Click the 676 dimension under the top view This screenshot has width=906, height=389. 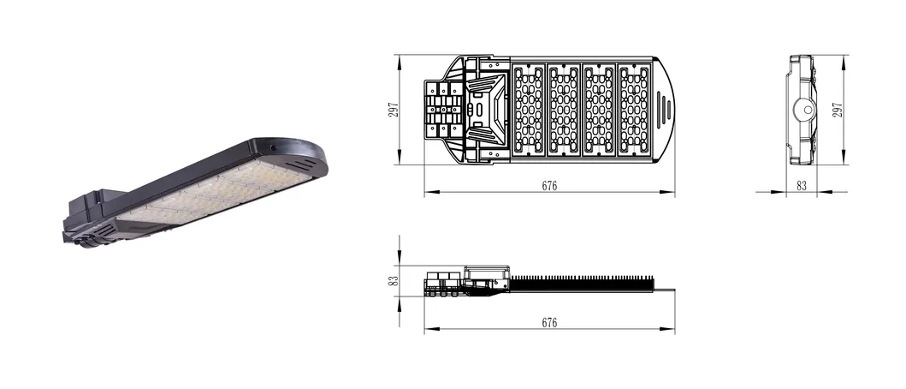549,186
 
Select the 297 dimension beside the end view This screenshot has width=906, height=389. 838,110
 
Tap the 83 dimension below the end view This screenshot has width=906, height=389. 802,186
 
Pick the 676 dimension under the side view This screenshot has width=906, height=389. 549,323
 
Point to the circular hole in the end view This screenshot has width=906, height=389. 803,109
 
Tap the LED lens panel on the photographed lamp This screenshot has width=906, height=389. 214,193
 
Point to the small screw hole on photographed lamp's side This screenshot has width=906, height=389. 273,147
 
